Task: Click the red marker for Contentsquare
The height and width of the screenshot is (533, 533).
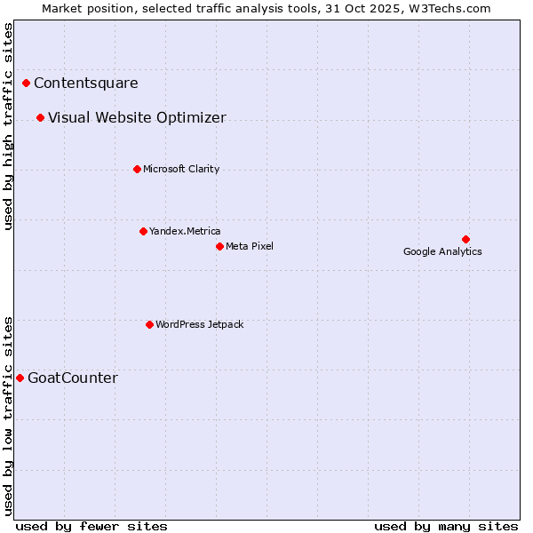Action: tap(27, 84)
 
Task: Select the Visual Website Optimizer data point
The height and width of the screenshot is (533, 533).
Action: tap(41, 118)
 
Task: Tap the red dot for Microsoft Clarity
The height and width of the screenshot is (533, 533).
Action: tap(137, 169)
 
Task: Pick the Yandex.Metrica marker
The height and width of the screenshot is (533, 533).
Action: tap(143, 231)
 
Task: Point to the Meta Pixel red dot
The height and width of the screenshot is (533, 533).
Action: tap(219, 246)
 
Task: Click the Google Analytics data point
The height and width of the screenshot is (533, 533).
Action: tap(465, 239)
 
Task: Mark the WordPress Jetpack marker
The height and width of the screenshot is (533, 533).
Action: tap(149, 324)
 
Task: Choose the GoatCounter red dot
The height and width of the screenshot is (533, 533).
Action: tap(20, 378)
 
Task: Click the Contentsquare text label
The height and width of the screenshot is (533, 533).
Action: tap(86, 84)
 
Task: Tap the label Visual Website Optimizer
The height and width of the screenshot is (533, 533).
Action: tap(137, 118)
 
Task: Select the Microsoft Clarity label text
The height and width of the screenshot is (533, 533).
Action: tap(181, 169)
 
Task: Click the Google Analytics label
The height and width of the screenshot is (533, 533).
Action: tap(442, 251)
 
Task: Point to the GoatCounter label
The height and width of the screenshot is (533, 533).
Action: tap(73, 378)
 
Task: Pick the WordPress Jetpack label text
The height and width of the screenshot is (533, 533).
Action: tap(199, 324)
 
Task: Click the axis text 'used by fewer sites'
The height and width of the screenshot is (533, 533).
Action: tap(91, 526)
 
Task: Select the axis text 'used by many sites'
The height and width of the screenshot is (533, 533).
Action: tap(446, 526)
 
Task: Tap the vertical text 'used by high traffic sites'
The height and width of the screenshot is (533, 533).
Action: tap(9, 126)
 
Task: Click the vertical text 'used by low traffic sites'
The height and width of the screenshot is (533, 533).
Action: tap(9, 416)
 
